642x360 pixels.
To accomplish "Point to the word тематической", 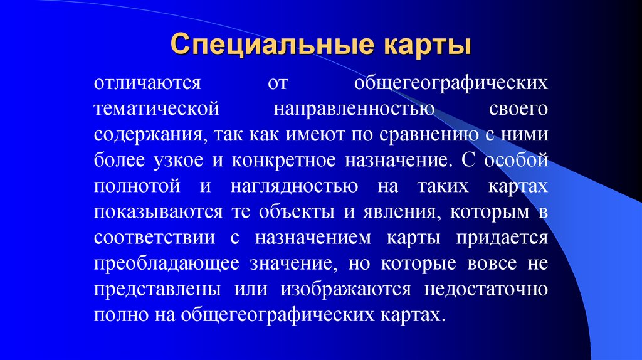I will click(157, 109).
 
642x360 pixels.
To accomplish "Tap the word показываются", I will click(157, 212).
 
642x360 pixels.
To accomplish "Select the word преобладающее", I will click(166, 264).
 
